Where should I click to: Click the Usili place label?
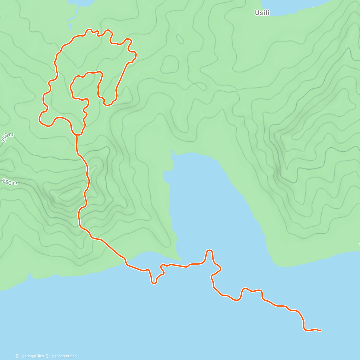pos(262,13)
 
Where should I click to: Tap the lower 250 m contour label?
pos(10,182)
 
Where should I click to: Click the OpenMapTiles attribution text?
pos(29,356)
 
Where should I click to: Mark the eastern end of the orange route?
pos(321,330)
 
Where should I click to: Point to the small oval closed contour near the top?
pos(180,39)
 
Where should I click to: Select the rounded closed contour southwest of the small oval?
pos(169,64)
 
